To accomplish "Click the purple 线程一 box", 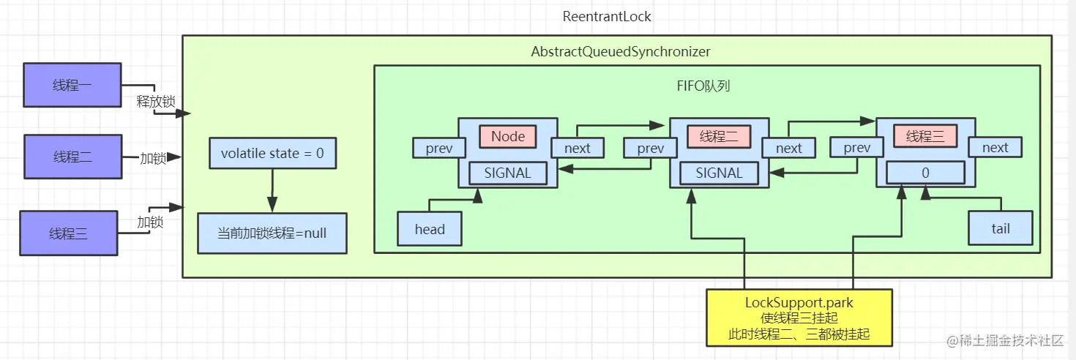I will (x=72, y=86).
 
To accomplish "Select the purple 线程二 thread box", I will (x=72, y=157).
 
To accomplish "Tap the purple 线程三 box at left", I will (x=68, y=233).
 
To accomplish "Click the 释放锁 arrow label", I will (x=155, y=102).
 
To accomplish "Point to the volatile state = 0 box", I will (x=272, y=154).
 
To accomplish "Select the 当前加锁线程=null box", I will (x=272, y=233).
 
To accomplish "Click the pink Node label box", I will (x=508, y=136).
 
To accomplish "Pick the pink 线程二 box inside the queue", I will (x=719, y=136).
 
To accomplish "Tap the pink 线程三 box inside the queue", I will (x=926, y=136).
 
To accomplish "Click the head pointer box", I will (x=430, y=229).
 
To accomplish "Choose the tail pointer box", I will (x=1000, y=228).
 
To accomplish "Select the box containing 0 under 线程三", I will (x=925, y=173).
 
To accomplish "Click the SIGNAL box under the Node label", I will (x=508, y=173).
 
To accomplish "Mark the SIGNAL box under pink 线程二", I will (x=719, y=173).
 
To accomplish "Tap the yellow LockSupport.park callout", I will (x=799, y=318).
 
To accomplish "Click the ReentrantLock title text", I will (x=607, y=16).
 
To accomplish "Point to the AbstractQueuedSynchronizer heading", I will (x=620, y=52).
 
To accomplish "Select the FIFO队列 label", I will (x=703, y=86).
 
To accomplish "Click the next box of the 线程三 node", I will (x=995, y=148).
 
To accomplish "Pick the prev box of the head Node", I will (x=439, y=148).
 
